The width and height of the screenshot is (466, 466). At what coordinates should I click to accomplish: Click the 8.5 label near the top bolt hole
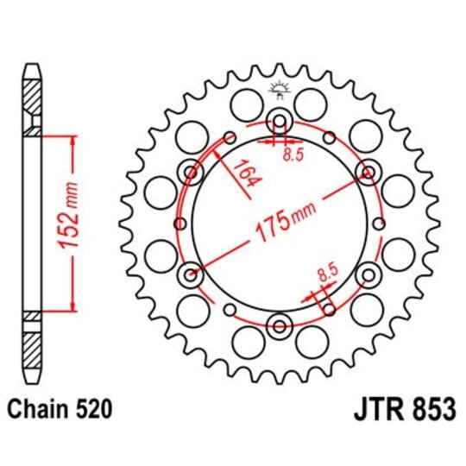click(294, 155)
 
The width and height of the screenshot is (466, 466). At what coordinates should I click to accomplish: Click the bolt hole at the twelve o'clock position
click(280, 120)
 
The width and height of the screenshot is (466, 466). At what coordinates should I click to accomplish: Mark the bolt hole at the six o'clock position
click(280, 326)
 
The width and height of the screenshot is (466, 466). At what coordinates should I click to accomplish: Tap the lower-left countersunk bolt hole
click(191, 275)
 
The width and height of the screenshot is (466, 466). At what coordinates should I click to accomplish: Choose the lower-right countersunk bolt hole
click(368, 275)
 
